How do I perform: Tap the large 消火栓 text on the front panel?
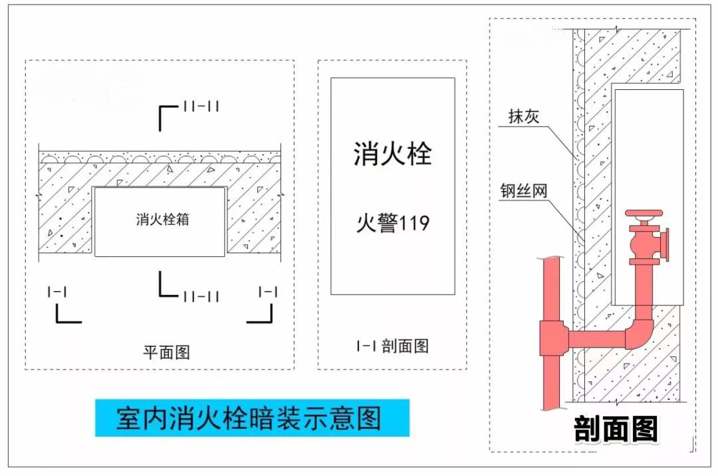coord(392,154)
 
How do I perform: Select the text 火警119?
coord(392,222)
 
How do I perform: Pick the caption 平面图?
coord(166,352)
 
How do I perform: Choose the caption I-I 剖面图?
coord(392,346)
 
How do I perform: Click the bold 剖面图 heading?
coord(616,429)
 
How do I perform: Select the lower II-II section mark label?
coord(201,296)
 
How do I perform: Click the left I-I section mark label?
coord(57,292)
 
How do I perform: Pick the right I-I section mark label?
coord(268,292)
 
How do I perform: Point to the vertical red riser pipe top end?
coord(550,261)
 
